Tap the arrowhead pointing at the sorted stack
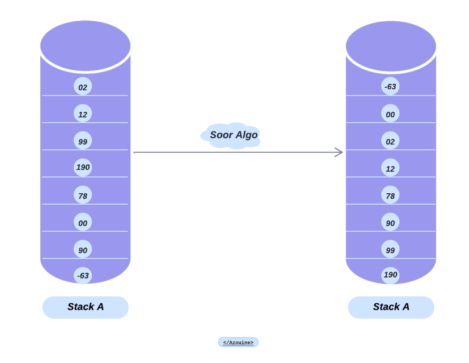click(x=339, y=153)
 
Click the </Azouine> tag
click(x=238, y=343)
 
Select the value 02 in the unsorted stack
click(x=83, y=86)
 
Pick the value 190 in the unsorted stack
click(x=83, y=167)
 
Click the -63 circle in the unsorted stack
click(x=83, y=275)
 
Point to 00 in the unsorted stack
click(x=83, y=222)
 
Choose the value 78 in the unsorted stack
click(x=83, y=195)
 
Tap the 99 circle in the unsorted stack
click(x=83, y=141)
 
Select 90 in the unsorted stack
click(x=83, y=249)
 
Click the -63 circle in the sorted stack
click(x=390, y=86)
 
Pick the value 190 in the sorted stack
click(x=390, y=275)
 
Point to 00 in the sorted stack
click(x=390, y=114)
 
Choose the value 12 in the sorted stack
click(x=390, y=168)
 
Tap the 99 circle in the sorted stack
click(x=390, y=249)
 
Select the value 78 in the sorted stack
click(x=390, y=195)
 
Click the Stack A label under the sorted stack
click(x=391, y=307)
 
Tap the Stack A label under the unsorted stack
click(x=85, y=307)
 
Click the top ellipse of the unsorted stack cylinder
click(x=85, y=46)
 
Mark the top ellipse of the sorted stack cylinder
click(x=391, y=46)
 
